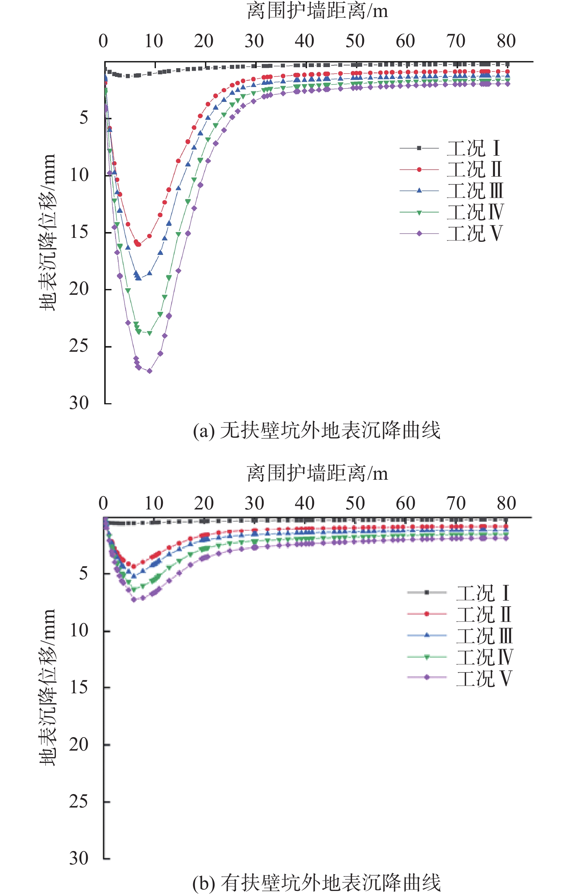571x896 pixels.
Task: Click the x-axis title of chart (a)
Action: point(317,11)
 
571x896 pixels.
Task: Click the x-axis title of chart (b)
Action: point(317,474)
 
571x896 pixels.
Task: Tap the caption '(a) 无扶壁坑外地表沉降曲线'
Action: point(316,430)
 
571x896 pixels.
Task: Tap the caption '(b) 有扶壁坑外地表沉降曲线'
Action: point(316,883)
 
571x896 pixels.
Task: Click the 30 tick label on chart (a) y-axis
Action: point(79,403)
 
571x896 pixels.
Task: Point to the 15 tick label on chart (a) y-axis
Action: point(79,232)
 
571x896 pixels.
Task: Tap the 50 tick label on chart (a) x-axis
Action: point(355,41)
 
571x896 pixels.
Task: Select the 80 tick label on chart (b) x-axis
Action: point(506,503)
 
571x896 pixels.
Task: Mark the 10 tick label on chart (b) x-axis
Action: point(154,503)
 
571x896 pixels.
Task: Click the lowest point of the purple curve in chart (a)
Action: point(149,371)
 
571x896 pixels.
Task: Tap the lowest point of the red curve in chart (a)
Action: point(138,244)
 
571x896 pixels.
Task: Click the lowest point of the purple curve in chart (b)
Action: point(134,599)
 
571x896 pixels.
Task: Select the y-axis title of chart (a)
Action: point(47,232)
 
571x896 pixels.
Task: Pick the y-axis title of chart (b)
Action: point(47,688)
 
